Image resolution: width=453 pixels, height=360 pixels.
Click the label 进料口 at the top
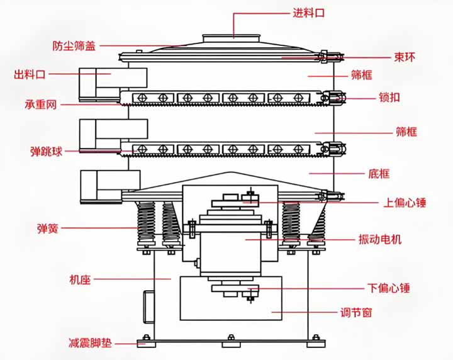point(308,13)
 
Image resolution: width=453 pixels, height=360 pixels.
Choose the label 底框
point(378,173)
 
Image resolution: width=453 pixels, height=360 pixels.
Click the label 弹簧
point(48,229)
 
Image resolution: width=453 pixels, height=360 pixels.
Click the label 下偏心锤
point(389,288)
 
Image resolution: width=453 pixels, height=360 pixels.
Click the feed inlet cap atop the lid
point(233,38)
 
